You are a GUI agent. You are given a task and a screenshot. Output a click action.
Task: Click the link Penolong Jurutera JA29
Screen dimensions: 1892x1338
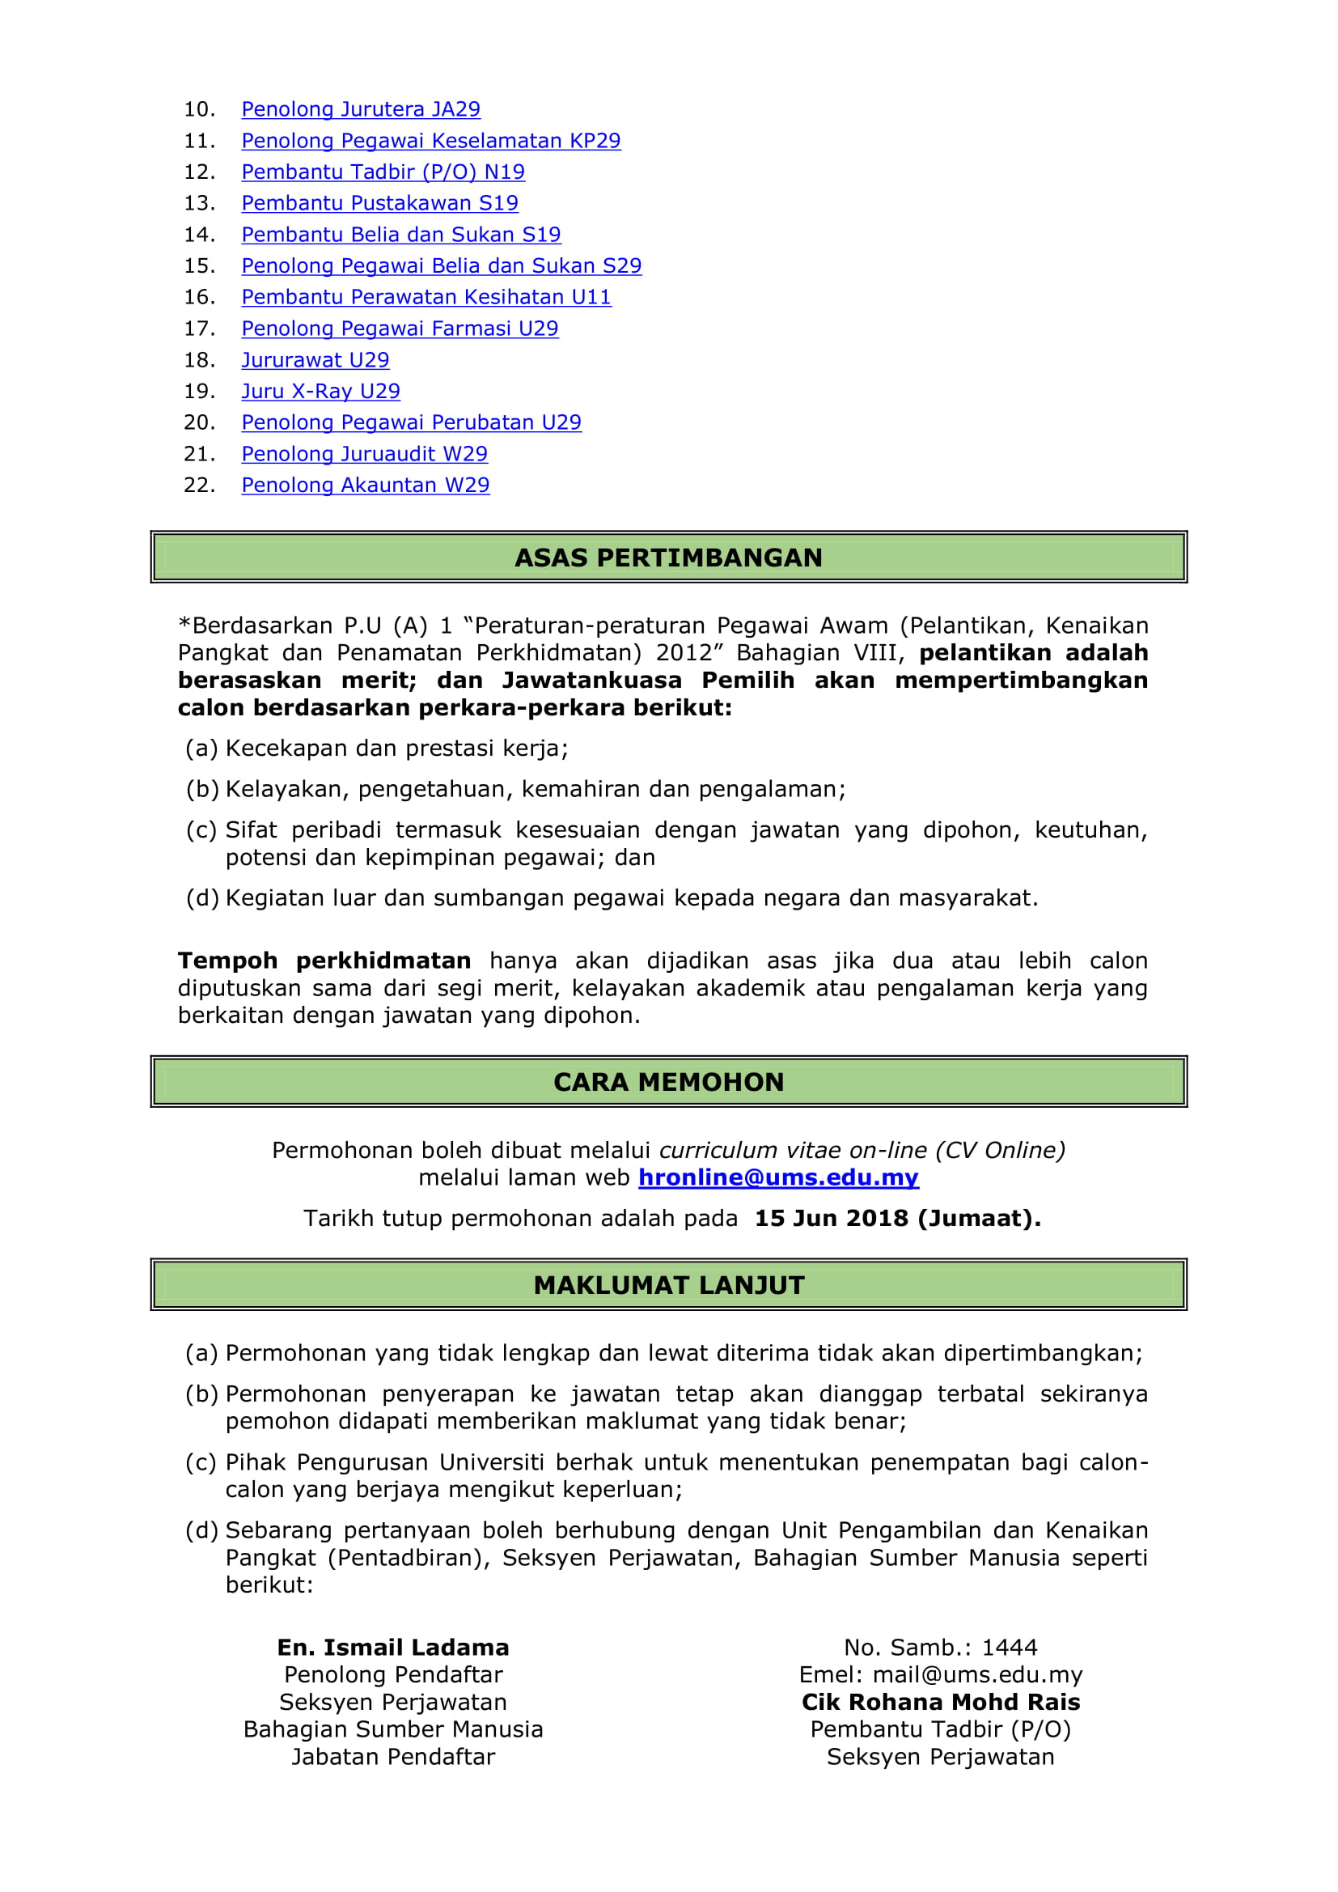tap(360, 109)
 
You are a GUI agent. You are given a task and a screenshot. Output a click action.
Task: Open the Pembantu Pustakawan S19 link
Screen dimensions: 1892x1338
tap(380, 204)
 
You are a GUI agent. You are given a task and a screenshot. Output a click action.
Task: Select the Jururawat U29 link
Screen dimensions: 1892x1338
tap(315, 360)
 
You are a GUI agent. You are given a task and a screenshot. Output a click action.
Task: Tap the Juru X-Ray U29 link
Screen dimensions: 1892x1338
tap(320, 392)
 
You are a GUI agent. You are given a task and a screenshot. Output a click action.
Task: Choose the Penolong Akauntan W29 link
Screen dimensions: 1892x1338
tap(365, 486)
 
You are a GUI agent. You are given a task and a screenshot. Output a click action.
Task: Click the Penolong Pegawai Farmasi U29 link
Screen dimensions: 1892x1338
tap(400, 329)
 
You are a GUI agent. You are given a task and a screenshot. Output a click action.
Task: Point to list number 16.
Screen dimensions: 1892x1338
tap(198, 298)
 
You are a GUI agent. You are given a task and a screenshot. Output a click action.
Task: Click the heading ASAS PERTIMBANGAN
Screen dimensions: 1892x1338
tap(668, 558)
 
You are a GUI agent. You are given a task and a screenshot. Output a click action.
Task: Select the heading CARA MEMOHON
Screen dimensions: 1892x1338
tap(668, 1082)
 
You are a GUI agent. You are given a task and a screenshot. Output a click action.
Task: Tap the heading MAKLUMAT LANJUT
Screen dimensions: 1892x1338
tap(668, 1286)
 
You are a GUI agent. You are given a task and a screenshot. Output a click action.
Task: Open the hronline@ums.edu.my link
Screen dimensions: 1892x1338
tap(777, 1177)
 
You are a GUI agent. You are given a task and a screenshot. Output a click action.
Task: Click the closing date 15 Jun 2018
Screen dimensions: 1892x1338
tap(831, 1219)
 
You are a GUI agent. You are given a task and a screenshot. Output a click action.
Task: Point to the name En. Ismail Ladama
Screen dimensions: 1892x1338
tap(393, 1648)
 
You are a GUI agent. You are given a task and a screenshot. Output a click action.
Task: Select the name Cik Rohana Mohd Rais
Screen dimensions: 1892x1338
tap(940, 1703)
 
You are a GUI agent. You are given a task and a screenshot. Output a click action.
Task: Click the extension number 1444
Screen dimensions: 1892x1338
tap(1010, 1648)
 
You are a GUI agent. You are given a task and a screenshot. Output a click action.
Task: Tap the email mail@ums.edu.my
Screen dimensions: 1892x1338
tap(977, 1675)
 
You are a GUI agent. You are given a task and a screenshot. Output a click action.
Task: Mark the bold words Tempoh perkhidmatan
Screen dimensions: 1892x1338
tap(324, 961)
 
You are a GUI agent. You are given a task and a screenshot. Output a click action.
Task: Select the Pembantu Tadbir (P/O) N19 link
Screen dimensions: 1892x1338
tap(383, 172)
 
